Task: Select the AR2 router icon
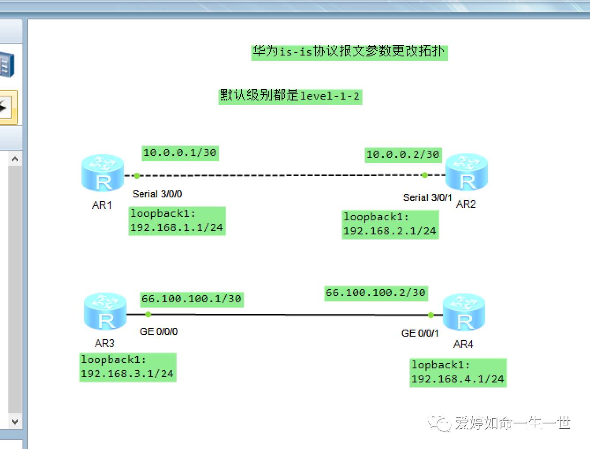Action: (467, 172)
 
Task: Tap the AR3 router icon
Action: (105, 312)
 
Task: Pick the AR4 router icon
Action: (464, 312)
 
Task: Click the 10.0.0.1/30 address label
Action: (180, 153)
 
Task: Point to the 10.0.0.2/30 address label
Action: (403, 155)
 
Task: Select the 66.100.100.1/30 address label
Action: (192, 299)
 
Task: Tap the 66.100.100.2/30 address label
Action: (376, 293)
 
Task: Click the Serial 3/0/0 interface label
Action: (157, 194)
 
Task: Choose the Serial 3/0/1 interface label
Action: (427, 197)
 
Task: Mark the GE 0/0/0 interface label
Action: (159, 331)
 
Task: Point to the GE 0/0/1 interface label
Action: (420, 333)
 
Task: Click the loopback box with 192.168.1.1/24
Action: (177, 221)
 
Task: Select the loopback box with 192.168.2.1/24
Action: (390, 224)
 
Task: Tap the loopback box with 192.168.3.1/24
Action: (127, 367)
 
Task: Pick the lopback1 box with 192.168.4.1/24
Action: (458, 372)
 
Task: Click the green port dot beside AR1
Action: (137, 176)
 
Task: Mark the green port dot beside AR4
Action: (431, 315)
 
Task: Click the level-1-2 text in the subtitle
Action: (330, 96)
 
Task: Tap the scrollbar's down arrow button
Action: (15, 422)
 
